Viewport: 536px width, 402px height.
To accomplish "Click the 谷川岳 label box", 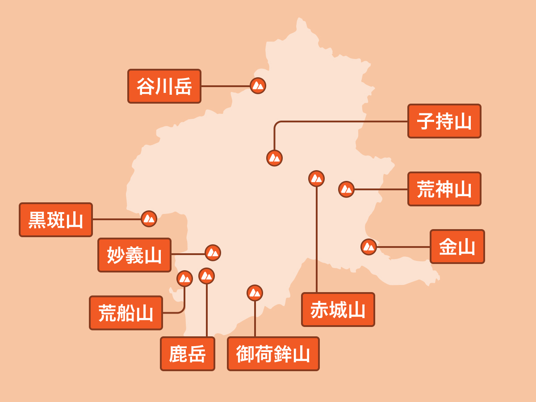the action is (x=164, y=86).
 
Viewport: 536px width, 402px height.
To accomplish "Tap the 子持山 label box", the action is (x=444, y=121).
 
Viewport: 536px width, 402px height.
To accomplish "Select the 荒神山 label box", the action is (x=444, y=189).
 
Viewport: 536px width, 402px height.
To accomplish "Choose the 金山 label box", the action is (x=457, y=247).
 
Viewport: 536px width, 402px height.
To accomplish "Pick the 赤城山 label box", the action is (x=338, y=310).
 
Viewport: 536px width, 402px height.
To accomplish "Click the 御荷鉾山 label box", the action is (x=273, y=354).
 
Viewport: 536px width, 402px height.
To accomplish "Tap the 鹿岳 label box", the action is (x=188, y=354).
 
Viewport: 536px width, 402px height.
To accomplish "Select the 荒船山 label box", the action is (x=126, y=313).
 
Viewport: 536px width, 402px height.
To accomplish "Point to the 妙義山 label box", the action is (x=134, y=255).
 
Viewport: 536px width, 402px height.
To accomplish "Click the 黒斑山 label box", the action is (x=56, y=220).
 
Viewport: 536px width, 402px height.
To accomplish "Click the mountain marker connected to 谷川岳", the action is (x=258, y=86).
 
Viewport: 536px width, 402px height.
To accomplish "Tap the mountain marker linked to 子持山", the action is (x=274, y=158).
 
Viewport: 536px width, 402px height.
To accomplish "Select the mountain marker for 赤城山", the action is (x=317, y=178).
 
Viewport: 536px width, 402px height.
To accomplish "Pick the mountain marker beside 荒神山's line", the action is (x=346, y=189).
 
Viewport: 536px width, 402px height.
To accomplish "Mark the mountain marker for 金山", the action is (x=369, y=247).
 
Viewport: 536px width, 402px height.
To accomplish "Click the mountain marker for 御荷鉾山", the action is (x=255, y=293).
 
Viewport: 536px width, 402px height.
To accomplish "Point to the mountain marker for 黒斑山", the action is (x=149, y=219).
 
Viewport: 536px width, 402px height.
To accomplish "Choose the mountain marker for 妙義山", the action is (x=213, y=253).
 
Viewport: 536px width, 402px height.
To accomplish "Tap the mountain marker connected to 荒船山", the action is (x=184, y=278).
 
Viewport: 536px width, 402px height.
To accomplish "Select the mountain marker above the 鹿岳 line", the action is (x=207, y=276).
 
